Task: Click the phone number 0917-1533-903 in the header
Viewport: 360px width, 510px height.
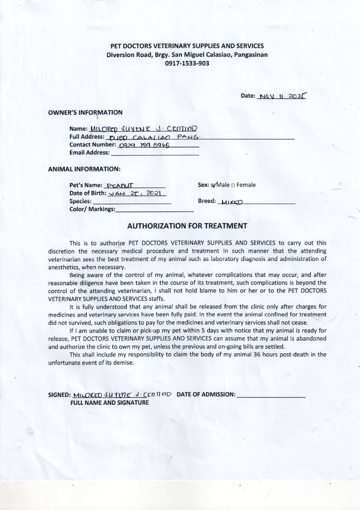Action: (x=187, y=63)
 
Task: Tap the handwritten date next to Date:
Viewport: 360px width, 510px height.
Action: (x=283, y=95)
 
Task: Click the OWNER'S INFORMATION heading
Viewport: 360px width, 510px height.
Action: (x=85, y=112)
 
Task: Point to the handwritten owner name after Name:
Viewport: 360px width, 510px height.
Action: (x=140, y=128)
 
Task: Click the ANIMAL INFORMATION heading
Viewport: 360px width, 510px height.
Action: (x=84, y=169)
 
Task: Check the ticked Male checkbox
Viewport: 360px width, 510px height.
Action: (x=214, y=185)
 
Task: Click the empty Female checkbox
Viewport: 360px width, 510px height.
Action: (x=233, y=185)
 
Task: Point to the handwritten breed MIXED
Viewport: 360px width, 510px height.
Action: (x=232, y=202)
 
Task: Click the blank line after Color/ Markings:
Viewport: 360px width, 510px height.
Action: (x=154, y=209)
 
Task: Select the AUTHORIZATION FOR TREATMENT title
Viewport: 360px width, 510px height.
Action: (x=187, y=226)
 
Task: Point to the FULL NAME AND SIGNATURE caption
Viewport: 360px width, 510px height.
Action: (x=109, y=403)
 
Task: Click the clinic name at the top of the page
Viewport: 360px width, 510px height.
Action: (x=187, y=46)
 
